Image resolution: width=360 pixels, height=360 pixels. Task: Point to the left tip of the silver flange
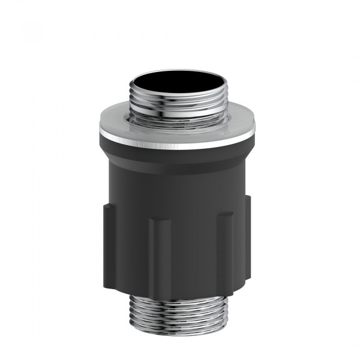(101, 128)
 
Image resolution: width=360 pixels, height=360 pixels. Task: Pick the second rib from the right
(224, 252)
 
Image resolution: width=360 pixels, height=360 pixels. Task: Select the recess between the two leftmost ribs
(132, 252)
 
